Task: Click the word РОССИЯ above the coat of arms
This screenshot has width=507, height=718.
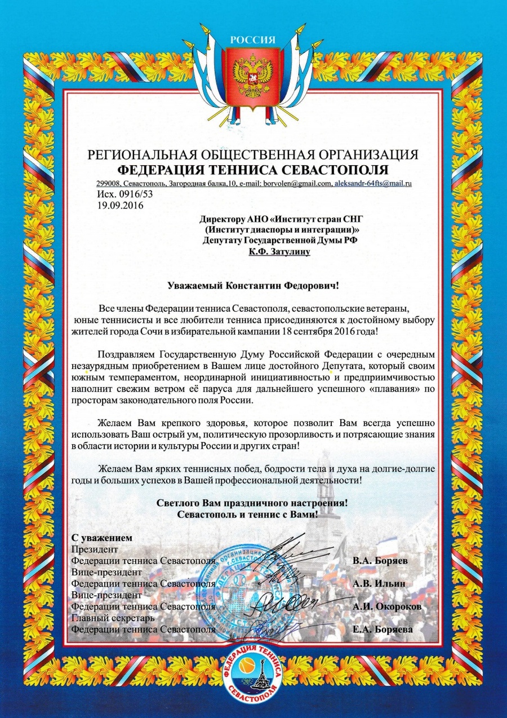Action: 253,40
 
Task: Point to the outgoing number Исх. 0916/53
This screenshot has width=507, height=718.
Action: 125,194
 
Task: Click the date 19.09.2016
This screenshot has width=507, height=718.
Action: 120,206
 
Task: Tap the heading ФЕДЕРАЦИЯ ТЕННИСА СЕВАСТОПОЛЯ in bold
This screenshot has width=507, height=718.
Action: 253,170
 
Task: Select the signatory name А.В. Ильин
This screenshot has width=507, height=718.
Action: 377,582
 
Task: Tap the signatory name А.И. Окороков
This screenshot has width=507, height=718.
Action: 386,606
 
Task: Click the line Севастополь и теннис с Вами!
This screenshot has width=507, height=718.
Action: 247,514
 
